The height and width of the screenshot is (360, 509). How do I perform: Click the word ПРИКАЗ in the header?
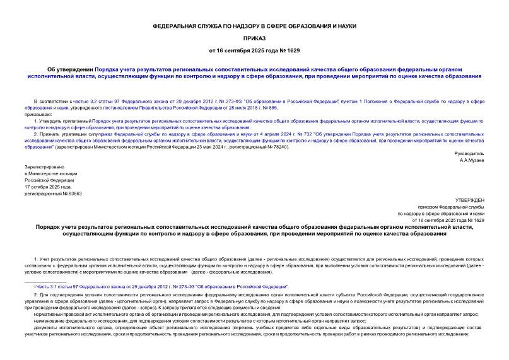(255, 38)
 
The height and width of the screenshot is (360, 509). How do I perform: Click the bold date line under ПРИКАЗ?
(255, 50)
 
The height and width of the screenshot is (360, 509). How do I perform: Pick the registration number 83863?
(74, 194)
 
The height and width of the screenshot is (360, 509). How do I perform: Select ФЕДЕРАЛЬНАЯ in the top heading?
(178, 26)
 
